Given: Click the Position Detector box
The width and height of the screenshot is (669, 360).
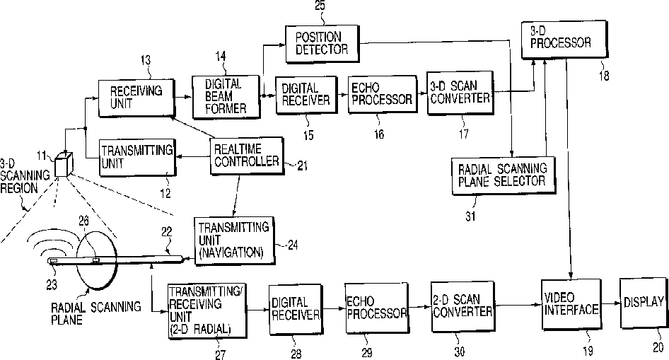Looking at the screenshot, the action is (322, 44).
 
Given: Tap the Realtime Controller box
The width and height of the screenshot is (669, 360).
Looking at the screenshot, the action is (247, 156).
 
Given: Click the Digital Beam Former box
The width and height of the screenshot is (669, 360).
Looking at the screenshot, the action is (226, 97).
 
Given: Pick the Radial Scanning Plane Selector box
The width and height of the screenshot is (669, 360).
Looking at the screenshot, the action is (504, 175).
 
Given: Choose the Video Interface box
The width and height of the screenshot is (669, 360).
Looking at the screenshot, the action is (571, 304).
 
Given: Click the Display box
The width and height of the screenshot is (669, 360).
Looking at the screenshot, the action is (643, 303).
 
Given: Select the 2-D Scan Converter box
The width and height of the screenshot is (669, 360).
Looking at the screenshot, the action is (463, 306).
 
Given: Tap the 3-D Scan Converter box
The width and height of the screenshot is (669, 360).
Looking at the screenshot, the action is (460, 93).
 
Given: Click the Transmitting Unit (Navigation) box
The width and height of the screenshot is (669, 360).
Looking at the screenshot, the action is (234, 240).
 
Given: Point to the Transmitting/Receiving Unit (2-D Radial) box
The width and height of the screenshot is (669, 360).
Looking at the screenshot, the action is (207, 311).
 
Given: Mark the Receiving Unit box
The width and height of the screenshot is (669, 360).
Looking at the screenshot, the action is (136, 98).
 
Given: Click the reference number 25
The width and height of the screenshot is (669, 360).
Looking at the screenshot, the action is (320, 6).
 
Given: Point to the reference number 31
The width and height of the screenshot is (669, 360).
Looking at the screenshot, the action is (470, 216).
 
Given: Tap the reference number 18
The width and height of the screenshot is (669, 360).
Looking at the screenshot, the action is (604, 76).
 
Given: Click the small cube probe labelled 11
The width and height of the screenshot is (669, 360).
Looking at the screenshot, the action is (64, 165).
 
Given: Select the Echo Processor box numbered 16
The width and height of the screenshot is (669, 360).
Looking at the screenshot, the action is (383, 94).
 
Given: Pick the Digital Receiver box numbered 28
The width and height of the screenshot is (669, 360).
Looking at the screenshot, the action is (295, 309).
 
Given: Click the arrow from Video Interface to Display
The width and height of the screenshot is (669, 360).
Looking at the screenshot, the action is (610, 303).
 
